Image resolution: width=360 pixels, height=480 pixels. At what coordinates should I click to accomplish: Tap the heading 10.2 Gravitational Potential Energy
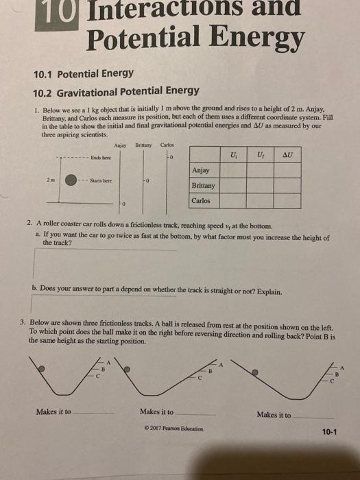point(117,91)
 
